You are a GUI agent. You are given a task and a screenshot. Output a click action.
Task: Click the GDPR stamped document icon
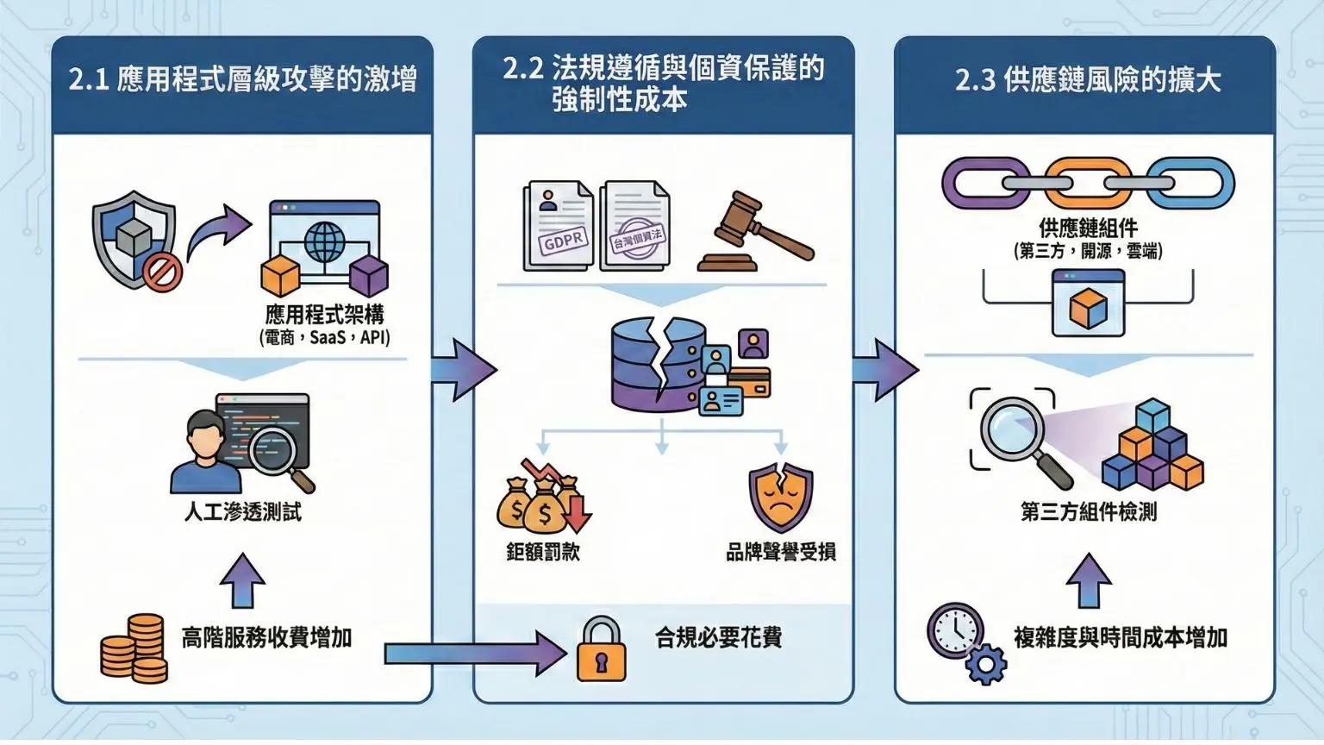pos(558,225)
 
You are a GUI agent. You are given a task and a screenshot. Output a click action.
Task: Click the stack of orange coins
pos(134,648)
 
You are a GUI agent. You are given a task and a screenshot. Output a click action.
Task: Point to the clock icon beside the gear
pos(955,630)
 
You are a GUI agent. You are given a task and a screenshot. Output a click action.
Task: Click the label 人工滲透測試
pos(243,512)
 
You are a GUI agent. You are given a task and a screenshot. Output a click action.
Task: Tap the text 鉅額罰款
pos(542,552)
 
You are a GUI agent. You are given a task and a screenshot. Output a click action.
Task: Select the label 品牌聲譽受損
pos(780,552)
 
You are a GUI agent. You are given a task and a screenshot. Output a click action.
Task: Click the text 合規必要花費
pos(719,637)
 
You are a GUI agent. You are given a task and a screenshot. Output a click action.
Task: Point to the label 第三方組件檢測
pos(1089,512)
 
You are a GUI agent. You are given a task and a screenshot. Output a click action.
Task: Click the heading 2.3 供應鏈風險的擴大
pos(1088,80)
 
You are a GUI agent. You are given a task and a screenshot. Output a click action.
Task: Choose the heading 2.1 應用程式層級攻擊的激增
pos(243,80)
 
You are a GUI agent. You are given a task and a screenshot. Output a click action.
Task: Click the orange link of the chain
pos(1088,183)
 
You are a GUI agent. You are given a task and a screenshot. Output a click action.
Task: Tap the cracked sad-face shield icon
pos(780,498)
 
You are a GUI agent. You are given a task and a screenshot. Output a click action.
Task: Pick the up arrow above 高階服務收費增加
pos(242,579)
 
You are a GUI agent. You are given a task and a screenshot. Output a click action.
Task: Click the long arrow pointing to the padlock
pos(474,653)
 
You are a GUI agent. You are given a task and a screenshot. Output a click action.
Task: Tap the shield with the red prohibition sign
pos(136,240)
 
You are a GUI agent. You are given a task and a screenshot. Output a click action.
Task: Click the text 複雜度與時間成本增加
pos(1121,637)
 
